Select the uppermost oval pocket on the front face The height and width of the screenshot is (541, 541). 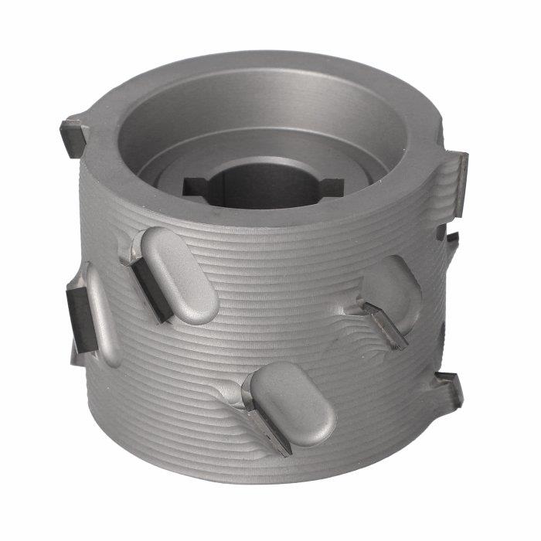click(x=180, y=275)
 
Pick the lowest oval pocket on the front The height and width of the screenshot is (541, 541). click(x=293, y=403)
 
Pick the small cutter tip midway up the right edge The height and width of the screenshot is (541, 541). click(x=451, y=240)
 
